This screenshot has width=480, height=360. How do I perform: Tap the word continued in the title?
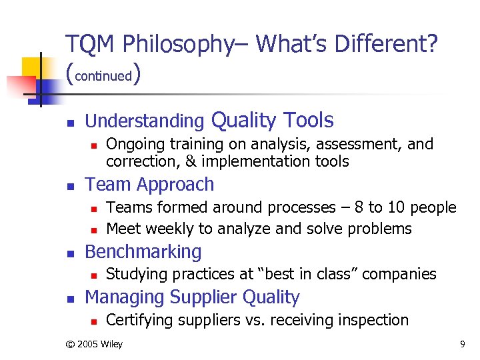pyautogui.click(x=103, y=76)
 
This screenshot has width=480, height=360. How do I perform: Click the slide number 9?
pyautogui.click(x=462, y=344)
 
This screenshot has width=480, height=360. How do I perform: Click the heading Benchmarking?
pyautogui.click(x=143, y=252)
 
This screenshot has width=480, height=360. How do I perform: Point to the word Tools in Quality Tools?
pyautogui.click(x=308, y=120)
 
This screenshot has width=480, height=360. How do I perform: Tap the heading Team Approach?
pyautogui.click(x=149, y=185)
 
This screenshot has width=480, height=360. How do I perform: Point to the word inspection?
pyautogui.click(x=370, y=320)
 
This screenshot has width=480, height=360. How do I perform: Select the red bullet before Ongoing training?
pyautogui.click(x=93, y=145)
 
